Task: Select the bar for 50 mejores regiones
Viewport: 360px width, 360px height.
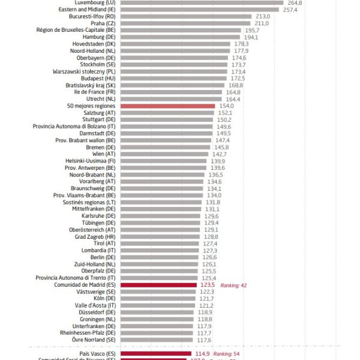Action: click(167, 106)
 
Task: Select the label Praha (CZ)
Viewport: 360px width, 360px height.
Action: click(103, 23)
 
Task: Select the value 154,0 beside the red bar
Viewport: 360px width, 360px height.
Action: click(225, 106)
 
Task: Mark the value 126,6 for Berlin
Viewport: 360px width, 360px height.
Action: click(209, 257)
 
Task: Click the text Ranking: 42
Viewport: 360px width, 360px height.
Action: click(233, 285)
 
